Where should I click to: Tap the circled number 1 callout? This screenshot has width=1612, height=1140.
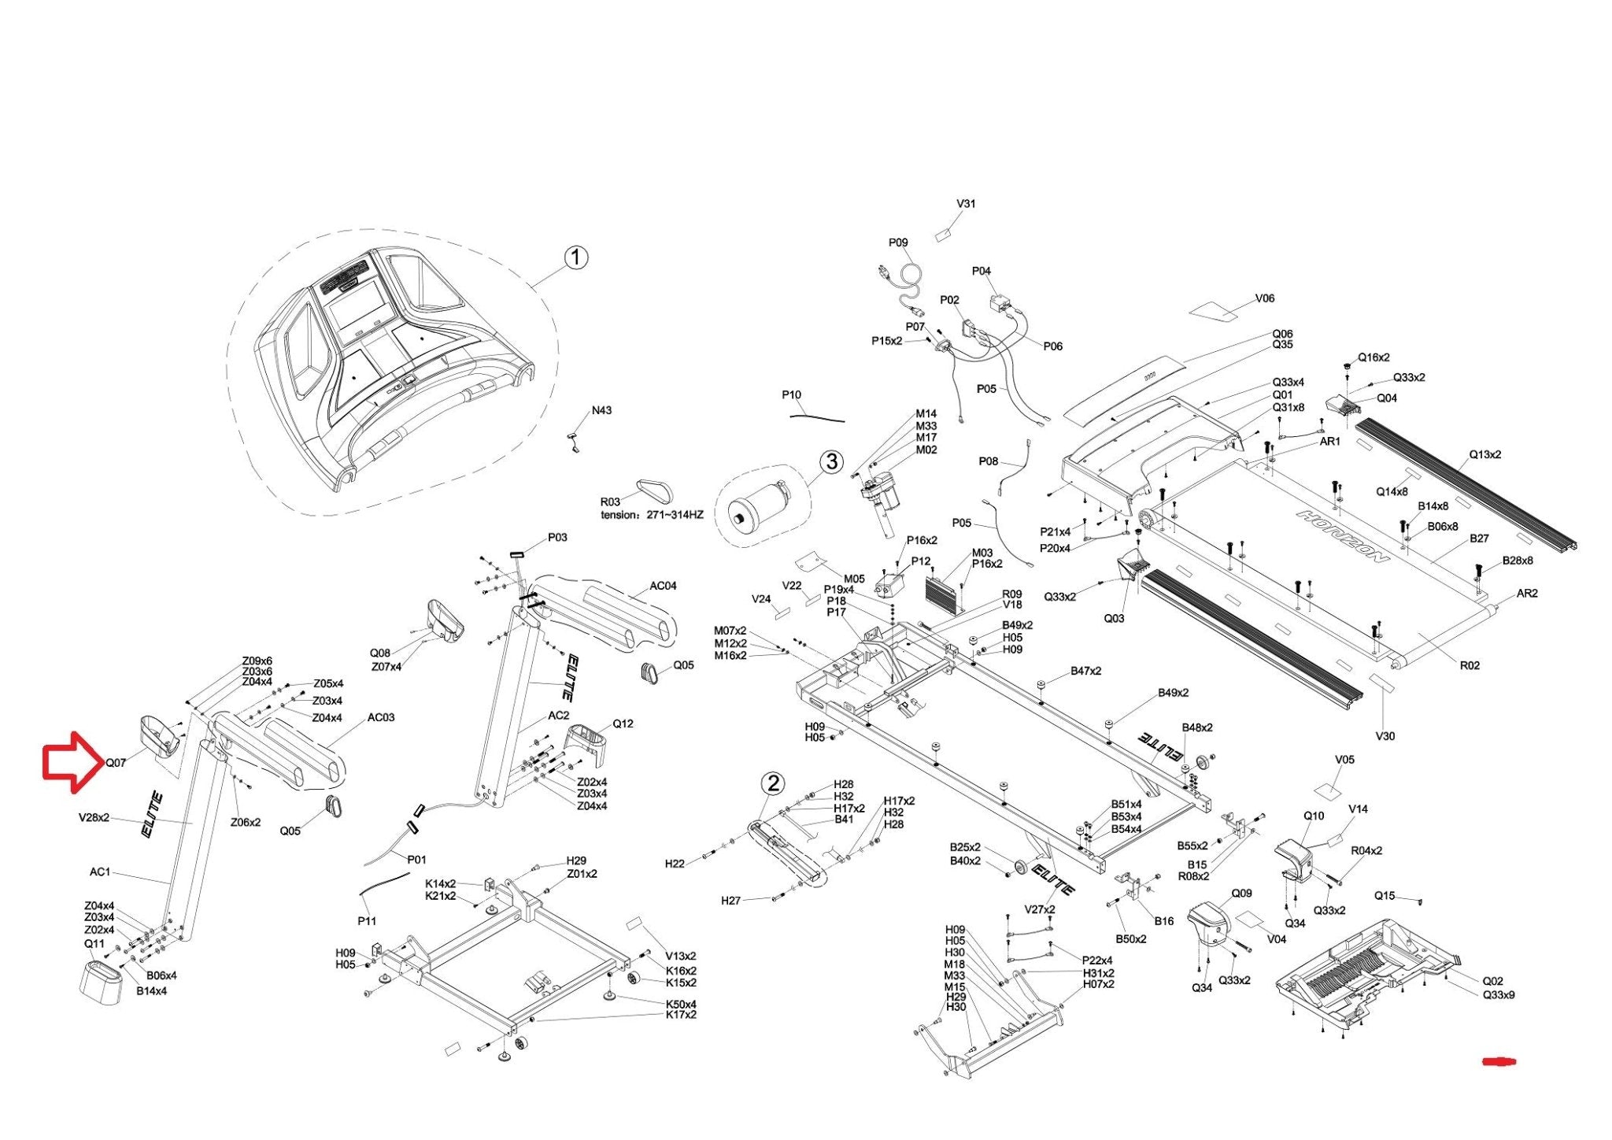click(576, 257)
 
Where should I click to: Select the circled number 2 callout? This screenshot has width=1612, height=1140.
click(774, 783)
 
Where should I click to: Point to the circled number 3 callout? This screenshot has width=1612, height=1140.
click(831, 461)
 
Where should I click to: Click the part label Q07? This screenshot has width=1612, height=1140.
click(116, 763)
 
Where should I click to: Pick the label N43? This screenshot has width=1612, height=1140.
click(601, 410)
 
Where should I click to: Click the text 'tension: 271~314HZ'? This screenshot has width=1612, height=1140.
click(652, 514)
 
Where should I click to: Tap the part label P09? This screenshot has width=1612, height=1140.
click(898, 242)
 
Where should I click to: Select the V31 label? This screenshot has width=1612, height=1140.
click(966, 203)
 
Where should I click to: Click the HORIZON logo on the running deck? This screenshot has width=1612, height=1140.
click(1343, 536)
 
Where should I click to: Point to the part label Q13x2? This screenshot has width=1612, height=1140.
click(1484, 454)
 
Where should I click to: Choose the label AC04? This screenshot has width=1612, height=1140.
click(663, 586)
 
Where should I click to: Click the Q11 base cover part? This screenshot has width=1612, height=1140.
click(102, 980)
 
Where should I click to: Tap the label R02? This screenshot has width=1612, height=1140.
click(1470, 665)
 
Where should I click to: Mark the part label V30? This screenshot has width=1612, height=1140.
click(1385, 736)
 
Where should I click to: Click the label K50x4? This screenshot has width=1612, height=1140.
click(681, 1005)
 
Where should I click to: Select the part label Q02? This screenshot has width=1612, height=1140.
click(1492, 981)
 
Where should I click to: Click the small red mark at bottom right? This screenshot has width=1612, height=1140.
click(1499, 1061)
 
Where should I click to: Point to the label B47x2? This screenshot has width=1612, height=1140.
click(1085, 671)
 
